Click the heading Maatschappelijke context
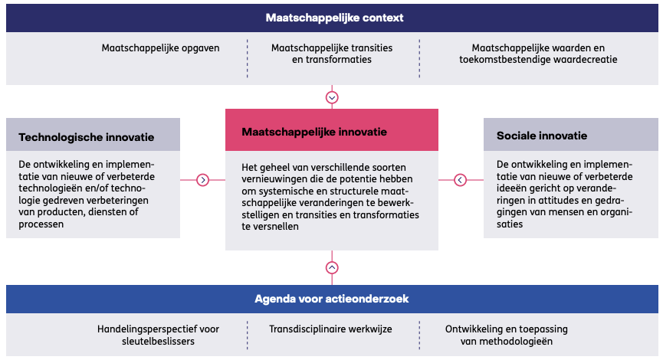pyautogui.click(x=334, y=18)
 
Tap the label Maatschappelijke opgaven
pyautogui.click(x=160, y=48)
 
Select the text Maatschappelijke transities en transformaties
pyautogui.click(x=332, y=54)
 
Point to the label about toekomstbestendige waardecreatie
pyautogui.click(x=538, y=54)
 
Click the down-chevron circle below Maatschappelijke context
pyautogui.click(x=332, y=97)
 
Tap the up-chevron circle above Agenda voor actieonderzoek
pyautogui.click(x=332, y=267)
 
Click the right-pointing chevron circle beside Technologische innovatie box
pyautogui.click(x=203, y=180)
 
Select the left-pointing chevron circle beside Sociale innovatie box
pyautogui.click(x=460, y=180)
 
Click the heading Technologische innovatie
pyautogui.click(x=87, y=137)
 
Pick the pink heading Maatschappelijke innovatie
pyautogui.click(x=314, y=132)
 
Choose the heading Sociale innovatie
pyautogui.click(x=542, y=136)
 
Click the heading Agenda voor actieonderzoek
pyautogui.click(x=331, y=299)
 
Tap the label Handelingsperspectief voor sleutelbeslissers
pyautogui.click(x=158, y=335)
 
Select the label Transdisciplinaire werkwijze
pyautogui.click(x=330, y=329)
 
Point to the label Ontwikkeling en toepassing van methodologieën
pyautogui.click(x=507, y=335)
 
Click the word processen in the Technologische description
pyautogui.click(x=41, y=224)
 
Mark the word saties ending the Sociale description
pyautogui.click(x=510, y=224)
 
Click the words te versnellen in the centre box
pyautogui.click(x=271, y=227)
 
